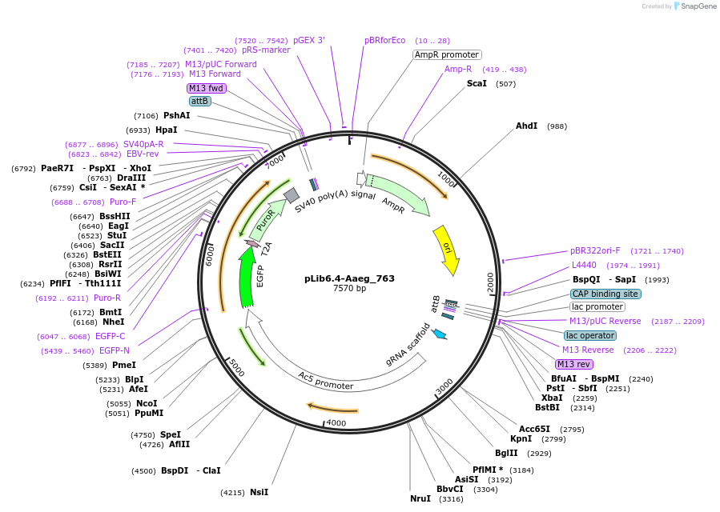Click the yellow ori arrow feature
coord(446,250)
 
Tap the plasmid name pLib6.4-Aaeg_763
coord(349,278)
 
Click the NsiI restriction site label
coord(259,492)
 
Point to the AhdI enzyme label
coord(527,126)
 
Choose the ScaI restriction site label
coord(477,83)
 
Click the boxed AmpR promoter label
coord(447,55)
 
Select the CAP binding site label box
coord(605,294)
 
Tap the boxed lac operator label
coord(590,336)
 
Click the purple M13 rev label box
coord(574,365)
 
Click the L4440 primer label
coord(583,265)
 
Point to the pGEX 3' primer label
coord(308,40)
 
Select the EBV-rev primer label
coord(143,154)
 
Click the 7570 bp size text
coord(349,289)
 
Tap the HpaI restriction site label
coord(167,130)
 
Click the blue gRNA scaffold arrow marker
coord(439,334)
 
